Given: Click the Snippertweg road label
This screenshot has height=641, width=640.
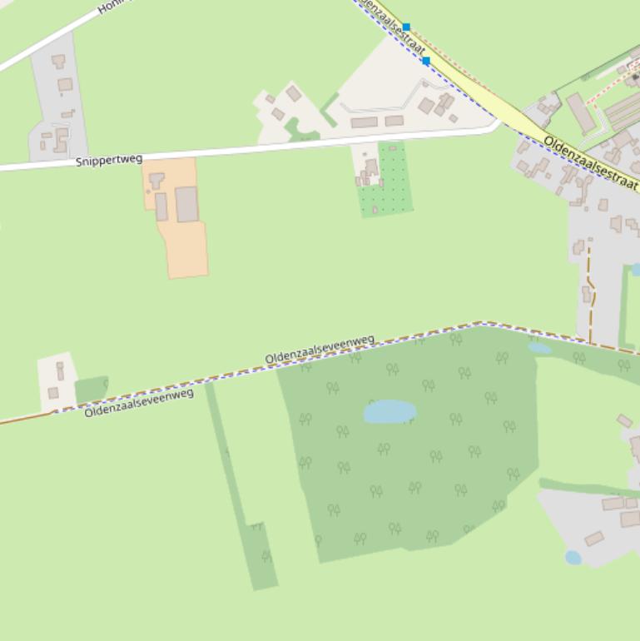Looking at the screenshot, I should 109,160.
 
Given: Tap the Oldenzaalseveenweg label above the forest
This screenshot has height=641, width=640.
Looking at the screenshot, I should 320,350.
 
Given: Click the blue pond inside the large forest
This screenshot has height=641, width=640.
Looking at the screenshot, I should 389,411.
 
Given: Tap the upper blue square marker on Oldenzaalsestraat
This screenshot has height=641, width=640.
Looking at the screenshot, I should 406,27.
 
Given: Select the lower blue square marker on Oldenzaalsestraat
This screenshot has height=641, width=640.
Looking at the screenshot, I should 426,61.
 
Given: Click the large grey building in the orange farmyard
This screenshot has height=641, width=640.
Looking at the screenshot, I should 186,204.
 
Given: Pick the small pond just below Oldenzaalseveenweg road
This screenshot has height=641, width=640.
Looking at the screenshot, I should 539,348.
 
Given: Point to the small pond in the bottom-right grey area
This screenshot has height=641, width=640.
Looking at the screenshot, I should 573,557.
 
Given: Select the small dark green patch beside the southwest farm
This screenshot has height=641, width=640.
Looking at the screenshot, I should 91,389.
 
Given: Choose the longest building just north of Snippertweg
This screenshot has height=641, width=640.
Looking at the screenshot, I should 365,122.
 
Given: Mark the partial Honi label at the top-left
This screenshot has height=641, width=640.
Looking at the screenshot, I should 111,7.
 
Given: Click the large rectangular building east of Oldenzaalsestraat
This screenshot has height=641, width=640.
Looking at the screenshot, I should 580,112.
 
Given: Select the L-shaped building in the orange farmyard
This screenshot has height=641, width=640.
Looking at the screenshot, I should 156,181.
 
